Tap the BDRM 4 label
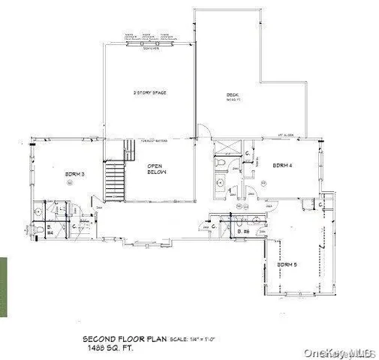(282, 165)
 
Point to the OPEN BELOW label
(156, 169)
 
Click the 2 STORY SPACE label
(149, 93)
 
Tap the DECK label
(233, 94)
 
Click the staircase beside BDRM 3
(115, 177)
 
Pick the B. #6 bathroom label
(243, 232)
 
